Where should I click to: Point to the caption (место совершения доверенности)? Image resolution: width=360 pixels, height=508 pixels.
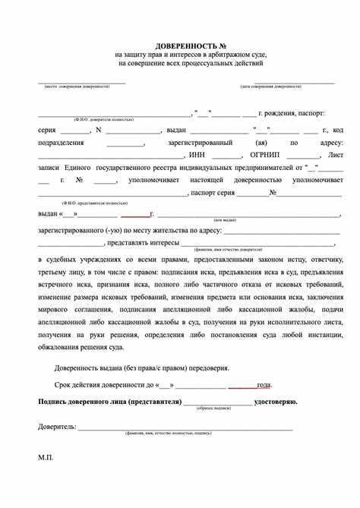(77, 86)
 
